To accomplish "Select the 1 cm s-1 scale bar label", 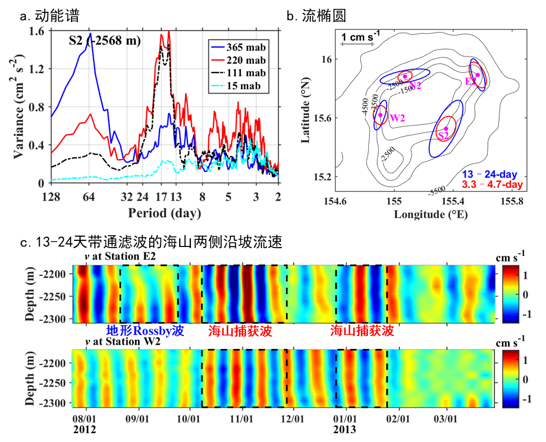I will click(362, 37).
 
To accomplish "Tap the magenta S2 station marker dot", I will click(446, 129).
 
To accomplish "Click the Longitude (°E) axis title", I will click(430, 215).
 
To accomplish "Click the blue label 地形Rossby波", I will click(146, 331).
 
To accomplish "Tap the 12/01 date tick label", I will click(293, 415).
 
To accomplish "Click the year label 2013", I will click(344, 429).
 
